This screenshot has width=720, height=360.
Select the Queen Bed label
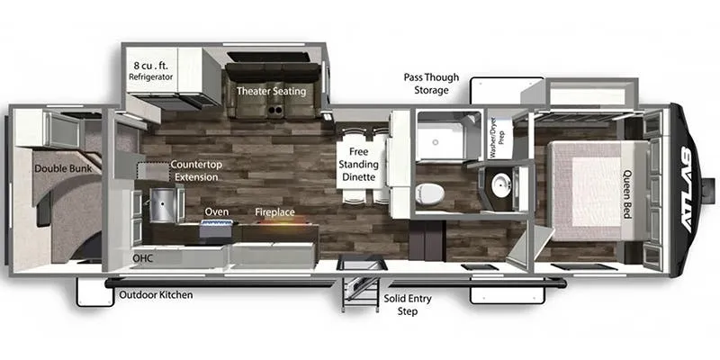point(627,194)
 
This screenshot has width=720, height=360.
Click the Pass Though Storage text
point(431,84)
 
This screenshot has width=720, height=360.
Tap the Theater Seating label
point(271,91)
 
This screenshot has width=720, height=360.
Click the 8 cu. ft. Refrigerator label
point(150,70)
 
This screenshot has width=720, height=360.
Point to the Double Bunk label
point(63,168)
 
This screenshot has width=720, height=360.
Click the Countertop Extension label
point(194,170)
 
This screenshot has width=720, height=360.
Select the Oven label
point(216,211)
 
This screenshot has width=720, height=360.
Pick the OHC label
point(142,258)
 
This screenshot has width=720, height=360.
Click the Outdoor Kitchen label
point(156,295)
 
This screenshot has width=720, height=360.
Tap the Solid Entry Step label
point(408,305)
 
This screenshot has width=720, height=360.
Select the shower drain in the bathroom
point(435,142)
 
